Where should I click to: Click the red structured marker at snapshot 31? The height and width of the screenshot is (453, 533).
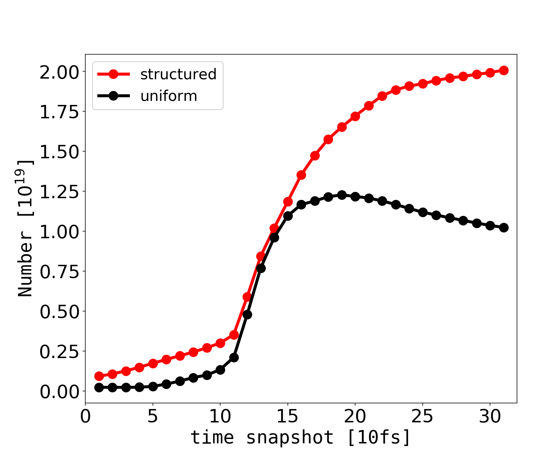[504, 70]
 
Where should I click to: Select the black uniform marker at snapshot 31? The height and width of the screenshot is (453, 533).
[504, 228]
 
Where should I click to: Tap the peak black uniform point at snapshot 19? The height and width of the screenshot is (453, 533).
[342, 195]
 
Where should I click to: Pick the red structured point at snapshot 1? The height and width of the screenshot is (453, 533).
[99, 376]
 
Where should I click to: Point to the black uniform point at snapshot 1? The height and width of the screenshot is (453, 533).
[99, 387]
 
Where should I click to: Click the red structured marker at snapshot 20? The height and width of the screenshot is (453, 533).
[355, 117]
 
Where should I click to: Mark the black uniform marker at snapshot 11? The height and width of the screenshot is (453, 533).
[234, 357]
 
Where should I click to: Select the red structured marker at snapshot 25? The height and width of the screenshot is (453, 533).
[423, 84]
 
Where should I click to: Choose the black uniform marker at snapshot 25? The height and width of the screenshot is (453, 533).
[423, 212]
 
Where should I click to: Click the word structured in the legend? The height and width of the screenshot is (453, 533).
[178, 74]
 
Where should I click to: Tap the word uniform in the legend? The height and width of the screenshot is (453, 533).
[169, 96]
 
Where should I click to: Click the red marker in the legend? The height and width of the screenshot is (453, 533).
[113, 74]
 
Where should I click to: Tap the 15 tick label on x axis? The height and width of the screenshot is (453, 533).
[287, 417]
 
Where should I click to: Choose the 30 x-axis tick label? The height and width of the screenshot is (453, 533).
[490, 417]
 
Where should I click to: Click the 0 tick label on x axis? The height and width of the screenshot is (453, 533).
[85, 417]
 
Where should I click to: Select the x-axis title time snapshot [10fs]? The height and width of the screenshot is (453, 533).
[300, 437]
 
